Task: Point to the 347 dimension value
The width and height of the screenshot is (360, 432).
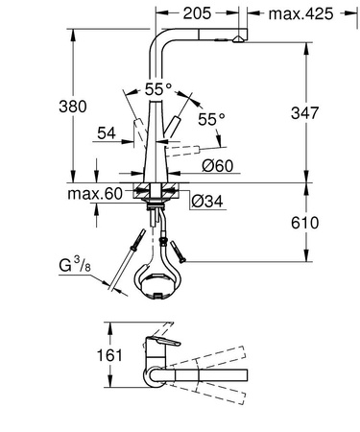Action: click(x=307, y=112)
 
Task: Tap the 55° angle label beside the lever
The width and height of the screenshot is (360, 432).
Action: click(x=209, y=119)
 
